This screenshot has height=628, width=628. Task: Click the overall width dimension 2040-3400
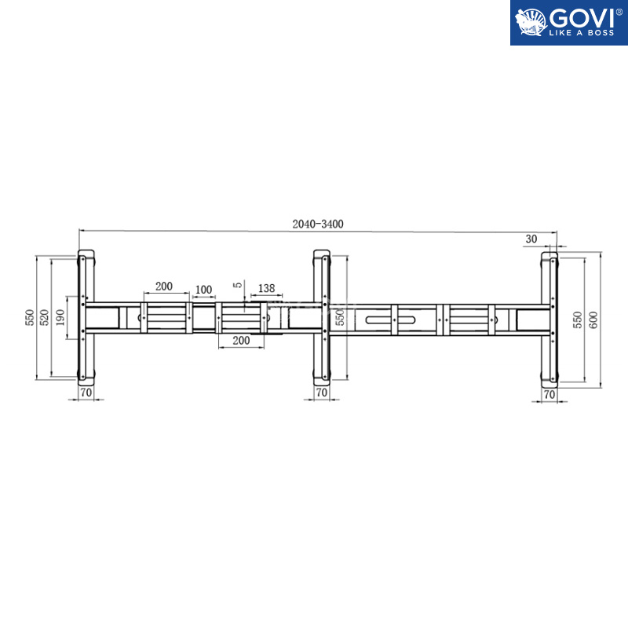(318, 224)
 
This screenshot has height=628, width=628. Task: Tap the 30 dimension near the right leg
(531, 239)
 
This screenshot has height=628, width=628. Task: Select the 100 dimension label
(203, 290)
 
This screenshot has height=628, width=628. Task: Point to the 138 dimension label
(266, 288)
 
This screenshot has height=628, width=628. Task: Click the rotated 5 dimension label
(239, 285)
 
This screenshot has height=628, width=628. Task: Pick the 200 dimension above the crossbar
(164, 287)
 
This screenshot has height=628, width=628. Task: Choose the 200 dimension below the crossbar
(241, 341)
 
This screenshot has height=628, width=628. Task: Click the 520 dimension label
(45, 318)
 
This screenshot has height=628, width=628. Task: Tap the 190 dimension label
(60, 318)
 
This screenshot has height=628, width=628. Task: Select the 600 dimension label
(593, 320)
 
